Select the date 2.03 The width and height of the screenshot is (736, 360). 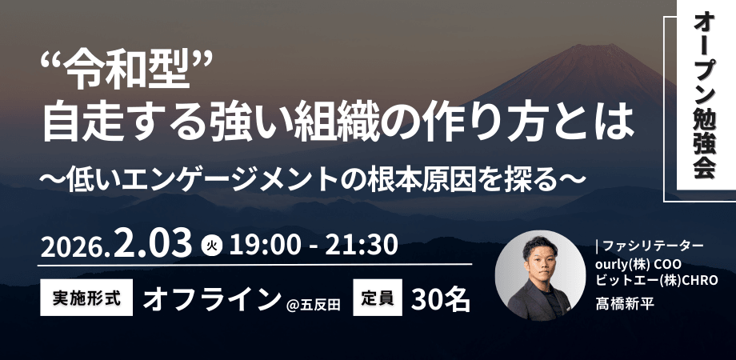[x=154, y=242]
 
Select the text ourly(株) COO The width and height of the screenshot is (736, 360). [x=638, y=263]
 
